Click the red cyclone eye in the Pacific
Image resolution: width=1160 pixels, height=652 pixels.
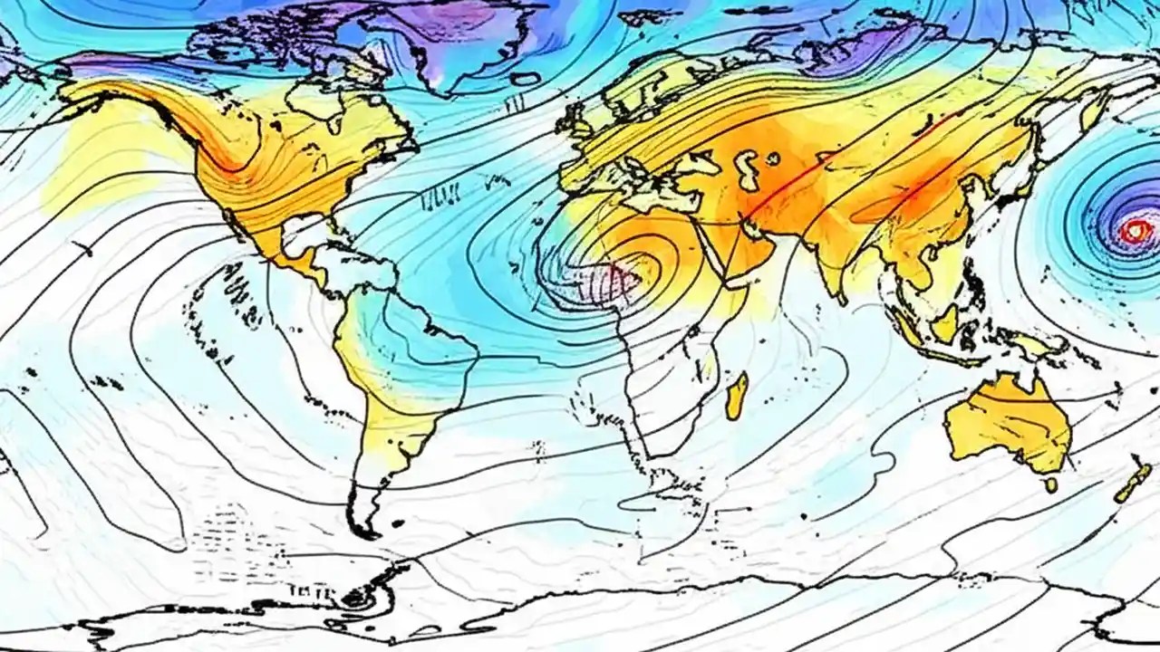pos(1133,232)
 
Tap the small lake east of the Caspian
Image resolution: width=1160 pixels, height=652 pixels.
pos(772,158)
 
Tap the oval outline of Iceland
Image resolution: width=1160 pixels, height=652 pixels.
pos(525,79)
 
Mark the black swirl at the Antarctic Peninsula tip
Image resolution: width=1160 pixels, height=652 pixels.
pos(356,598)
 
